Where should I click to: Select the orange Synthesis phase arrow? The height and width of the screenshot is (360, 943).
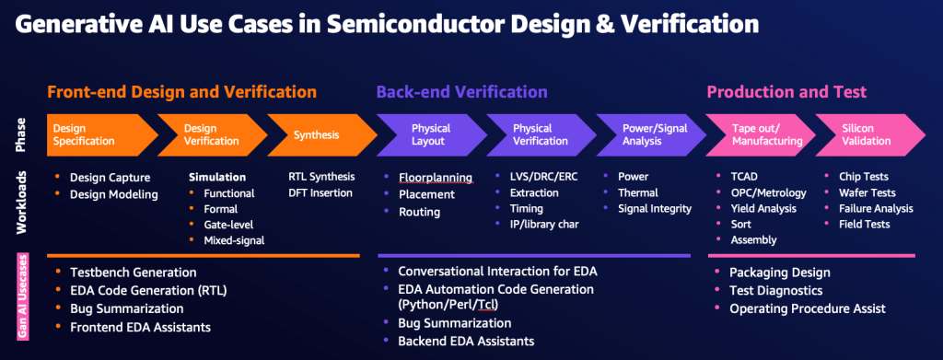tap(319, 135)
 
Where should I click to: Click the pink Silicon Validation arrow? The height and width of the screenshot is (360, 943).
tap(868, 135)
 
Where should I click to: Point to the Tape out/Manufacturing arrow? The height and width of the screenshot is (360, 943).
tap(760, 135)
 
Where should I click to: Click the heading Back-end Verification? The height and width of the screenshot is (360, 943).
tap(462, 92)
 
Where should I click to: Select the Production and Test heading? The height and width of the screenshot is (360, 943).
tap(786, 92)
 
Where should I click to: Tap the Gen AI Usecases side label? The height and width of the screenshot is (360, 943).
tap(22, 296)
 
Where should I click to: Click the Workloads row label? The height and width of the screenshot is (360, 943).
tap(22, 202)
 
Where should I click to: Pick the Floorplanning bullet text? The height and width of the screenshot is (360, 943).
tap(436, 179)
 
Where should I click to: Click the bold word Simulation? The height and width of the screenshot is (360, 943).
tap(217, 178)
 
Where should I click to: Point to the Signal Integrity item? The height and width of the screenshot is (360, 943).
tap(655, 209)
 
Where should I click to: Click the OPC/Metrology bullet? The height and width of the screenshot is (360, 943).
tap(769, 193)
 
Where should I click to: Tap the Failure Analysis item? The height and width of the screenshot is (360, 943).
tap(877, 209)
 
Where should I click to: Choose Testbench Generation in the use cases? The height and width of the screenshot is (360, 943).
tap(133, 273)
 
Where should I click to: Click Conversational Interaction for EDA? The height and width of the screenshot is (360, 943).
tap(498, 271)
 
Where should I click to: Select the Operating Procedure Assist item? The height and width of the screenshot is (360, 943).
tap(808, 309)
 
